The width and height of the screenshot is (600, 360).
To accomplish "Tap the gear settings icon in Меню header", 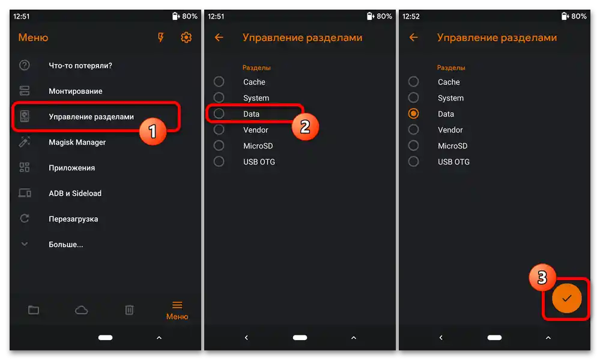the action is point(186,37).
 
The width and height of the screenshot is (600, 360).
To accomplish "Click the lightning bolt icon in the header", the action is point(161,37).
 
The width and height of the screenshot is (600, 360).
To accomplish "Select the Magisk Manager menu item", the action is point(77,142).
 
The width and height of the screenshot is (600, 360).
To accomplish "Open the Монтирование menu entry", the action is point(76,91).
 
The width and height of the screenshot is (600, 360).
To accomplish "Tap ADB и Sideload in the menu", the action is point(75,194).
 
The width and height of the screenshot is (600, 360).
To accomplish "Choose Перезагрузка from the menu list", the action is point(73,219).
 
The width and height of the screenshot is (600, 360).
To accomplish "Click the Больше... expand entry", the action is point(66,245).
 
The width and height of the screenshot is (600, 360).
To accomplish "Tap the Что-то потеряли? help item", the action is point(80,66).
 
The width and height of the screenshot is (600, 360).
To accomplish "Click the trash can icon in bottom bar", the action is point(129,310).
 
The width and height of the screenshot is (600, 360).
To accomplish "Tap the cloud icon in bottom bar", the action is point(81,310).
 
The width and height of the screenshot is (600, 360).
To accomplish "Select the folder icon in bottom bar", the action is point(34,310).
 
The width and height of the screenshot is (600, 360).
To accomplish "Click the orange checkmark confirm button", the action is point(567,298).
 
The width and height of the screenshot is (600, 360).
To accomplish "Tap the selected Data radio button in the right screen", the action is point(413,114).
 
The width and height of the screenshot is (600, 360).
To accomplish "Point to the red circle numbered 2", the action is point(305,127).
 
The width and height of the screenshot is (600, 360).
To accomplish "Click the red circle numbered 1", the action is point(153,132).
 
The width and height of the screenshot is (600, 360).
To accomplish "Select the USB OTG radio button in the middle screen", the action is point(219,162).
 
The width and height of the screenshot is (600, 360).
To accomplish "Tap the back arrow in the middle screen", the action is point(219,37).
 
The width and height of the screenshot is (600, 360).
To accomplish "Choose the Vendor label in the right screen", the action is point(450,130).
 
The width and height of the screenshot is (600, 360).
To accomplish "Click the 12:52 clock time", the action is point(411,16).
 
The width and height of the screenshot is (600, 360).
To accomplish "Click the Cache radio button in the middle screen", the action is point(219,82).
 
